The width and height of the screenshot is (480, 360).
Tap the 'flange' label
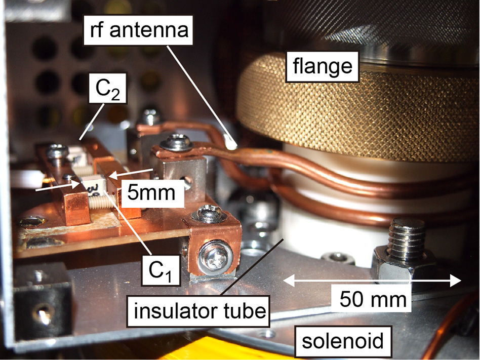point(323,66)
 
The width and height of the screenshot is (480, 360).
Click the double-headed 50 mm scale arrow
point(373,279)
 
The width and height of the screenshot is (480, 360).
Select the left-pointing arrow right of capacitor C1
point(124,175)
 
